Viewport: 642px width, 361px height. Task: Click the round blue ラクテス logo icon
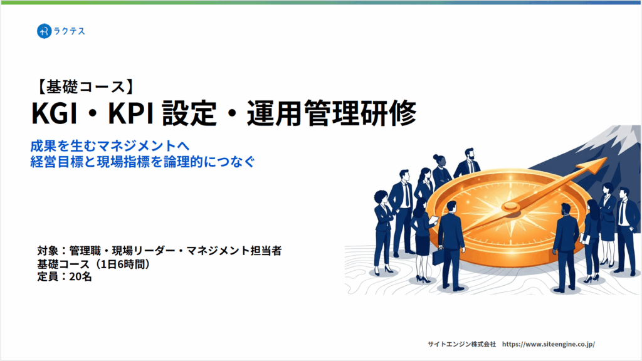coord(44,31)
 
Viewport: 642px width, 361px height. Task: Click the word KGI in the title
coord(54,113)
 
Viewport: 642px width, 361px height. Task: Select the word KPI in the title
coord(130,113)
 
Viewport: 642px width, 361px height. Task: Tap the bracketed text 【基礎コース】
coord(85,86)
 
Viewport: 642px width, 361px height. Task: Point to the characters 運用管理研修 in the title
coord(332,113)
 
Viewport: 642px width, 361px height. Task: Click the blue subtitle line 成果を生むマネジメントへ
coord(110,145)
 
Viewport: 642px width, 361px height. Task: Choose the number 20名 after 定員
coord(80,276)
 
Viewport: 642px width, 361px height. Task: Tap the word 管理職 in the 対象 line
coord(85,251)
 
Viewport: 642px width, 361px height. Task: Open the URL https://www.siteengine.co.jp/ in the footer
coord(548,344)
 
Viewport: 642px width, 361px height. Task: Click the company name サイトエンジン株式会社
coord(462,344)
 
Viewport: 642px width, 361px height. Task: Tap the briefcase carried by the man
coord(438,256)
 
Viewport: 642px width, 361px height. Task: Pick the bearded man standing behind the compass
coord(468,164)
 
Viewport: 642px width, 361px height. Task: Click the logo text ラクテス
coord(69,31)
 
